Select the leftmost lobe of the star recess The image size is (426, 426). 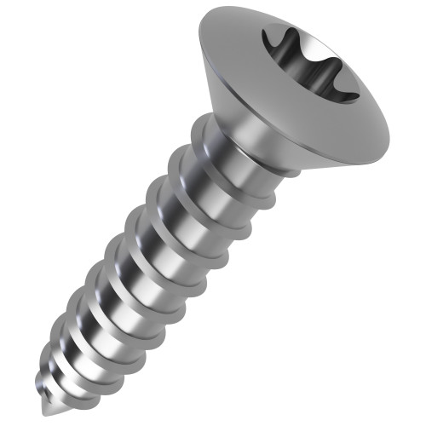tap(271, 38)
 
